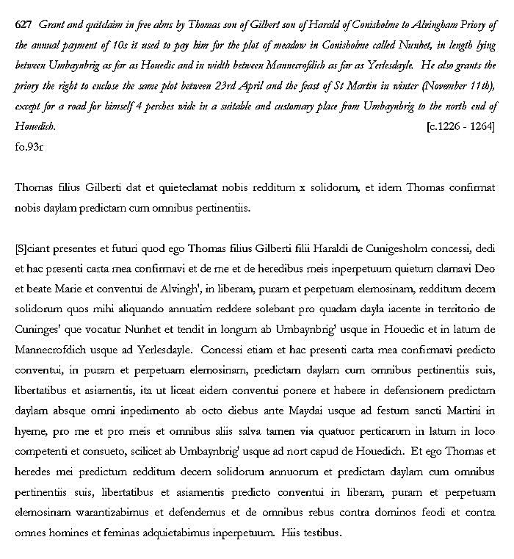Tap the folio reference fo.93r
click(x=29, y=146)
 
